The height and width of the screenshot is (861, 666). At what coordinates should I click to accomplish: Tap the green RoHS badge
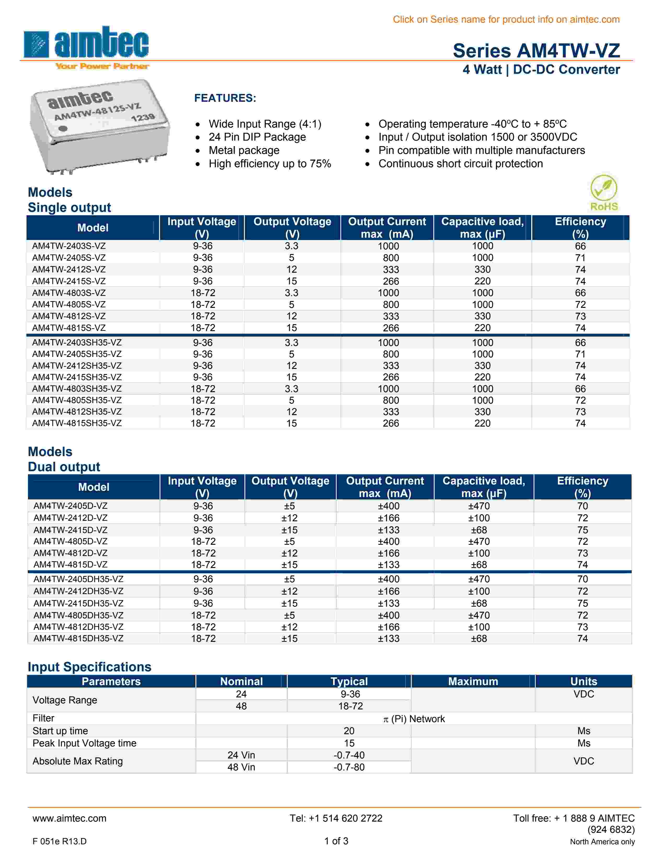tap(604, 193)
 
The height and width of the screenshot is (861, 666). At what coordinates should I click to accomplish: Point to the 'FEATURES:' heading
tap(225, 98)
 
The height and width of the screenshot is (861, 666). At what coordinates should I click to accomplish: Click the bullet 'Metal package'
tap(244, 150)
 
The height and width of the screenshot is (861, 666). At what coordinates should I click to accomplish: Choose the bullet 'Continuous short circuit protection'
tap(460, 164)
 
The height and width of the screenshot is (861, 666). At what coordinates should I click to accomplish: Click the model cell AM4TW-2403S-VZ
tap(69, 246)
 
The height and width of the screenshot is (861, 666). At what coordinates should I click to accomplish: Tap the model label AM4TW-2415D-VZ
tap(70, 530)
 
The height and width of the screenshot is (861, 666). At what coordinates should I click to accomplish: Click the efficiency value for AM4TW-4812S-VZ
tap(580, 316)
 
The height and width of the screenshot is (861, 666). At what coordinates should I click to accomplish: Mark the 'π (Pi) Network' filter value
tap(414, 719)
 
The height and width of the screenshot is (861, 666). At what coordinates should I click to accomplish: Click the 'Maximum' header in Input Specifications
tap(473, 681)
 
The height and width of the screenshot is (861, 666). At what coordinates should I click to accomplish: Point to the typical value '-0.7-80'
tap(349, 767)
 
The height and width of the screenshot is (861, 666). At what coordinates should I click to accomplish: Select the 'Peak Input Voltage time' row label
tap(84, 743)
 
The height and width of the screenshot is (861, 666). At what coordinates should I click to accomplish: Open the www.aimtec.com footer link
tap(69, 818)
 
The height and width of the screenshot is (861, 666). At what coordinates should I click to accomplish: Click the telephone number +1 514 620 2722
tap(336, 818)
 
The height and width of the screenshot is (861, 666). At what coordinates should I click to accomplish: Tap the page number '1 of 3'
tap(336, 841)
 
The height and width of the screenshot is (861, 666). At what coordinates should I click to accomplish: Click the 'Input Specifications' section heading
tap(90, 667)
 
